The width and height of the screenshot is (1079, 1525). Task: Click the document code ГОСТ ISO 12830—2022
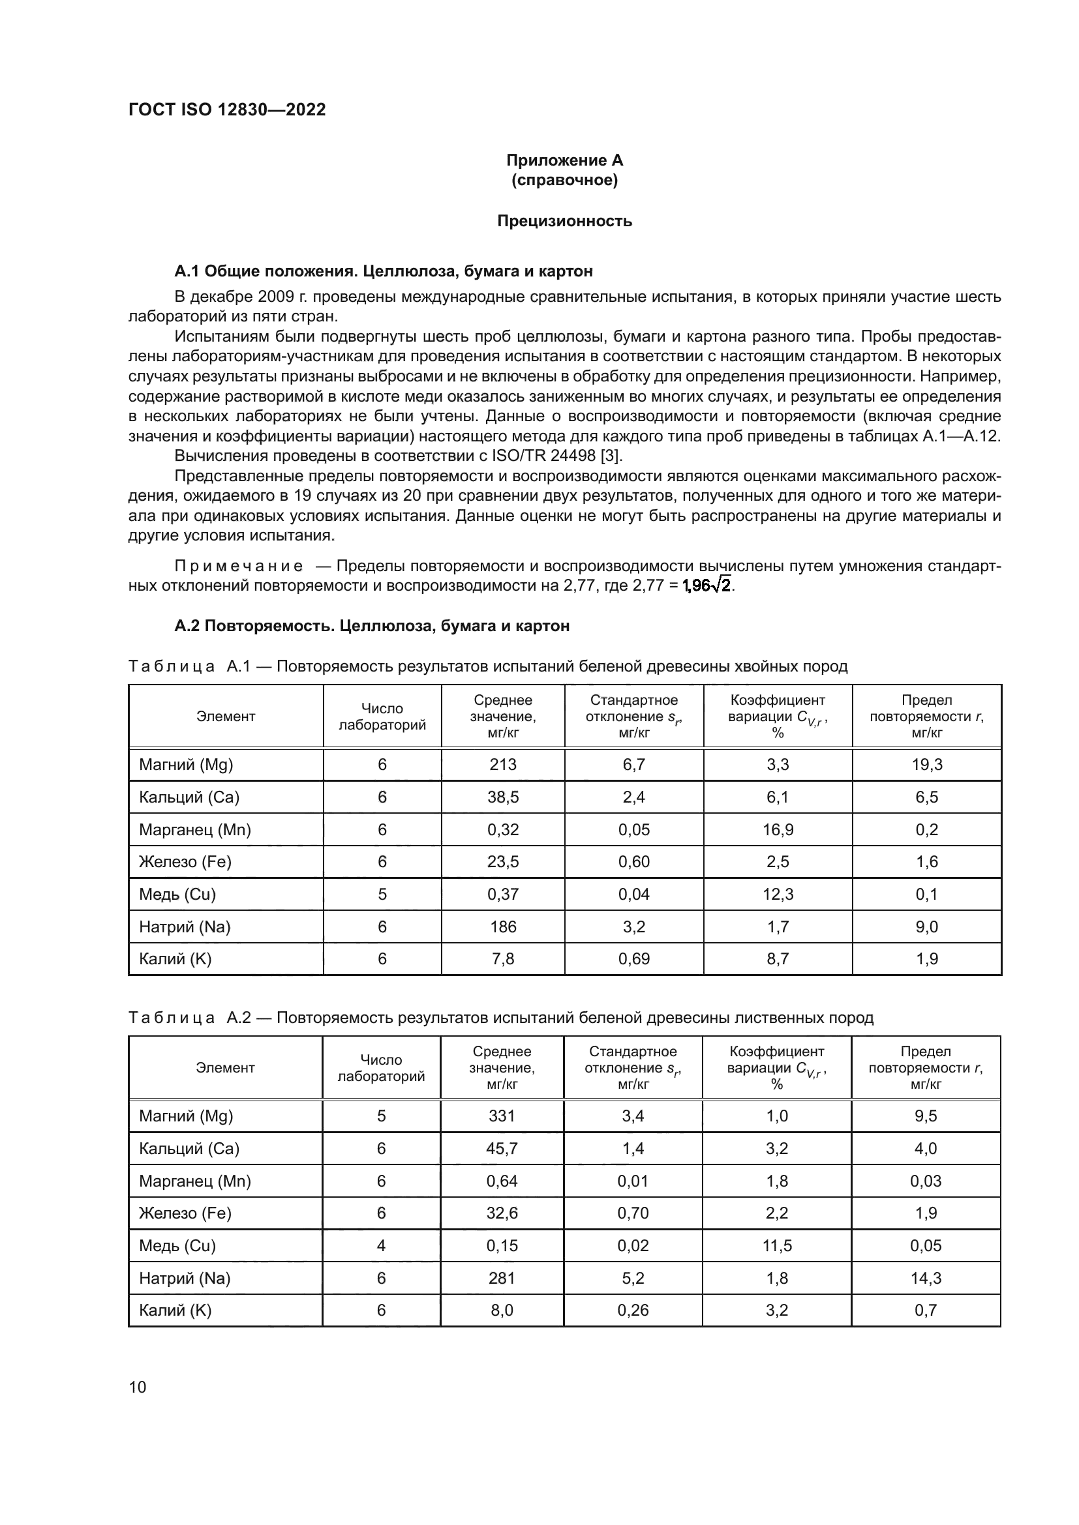pos(226,110)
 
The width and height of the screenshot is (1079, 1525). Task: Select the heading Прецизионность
pos(564,221)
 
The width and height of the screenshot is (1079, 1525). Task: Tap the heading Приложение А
pos(564,160)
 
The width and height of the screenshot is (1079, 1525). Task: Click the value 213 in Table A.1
pos(502,765)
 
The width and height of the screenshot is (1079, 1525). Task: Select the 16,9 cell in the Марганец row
pos(778,829)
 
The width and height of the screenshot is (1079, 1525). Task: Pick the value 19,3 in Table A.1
pos(926,765)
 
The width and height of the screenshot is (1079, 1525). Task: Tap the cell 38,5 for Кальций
pos(502,797)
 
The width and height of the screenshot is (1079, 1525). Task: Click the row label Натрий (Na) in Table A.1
pos(184,926)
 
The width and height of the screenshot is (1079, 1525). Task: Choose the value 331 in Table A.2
pos(501,1116)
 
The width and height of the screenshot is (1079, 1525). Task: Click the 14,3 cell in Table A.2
pos(926,1278)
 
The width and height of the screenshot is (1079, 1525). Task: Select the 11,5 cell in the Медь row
pos(777,1245)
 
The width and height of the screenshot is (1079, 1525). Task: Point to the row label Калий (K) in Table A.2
pos(175,1310)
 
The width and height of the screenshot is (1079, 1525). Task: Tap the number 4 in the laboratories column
pos(381,1245)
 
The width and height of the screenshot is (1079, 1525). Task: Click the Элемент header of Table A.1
pos(225,717)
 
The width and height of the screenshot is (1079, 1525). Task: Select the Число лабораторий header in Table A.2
pos(381,1068)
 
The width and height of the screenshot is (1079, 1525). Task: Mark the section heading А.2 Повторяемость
pos(371,626)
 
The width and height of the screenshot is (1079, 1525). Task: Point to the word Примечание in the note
pos(239,566)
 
